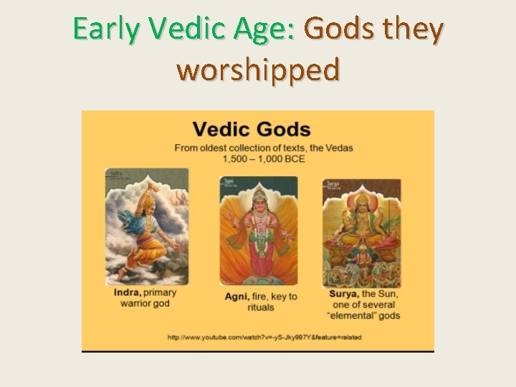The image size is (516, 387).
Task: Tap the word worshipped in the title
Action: (258, 70)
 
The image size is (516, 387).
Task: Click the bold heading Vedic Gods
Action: (252, 130)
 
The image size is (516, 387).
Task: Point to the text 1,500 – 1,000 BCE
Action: (264, 158)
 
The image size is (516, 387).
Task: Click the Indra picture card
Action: (147, 226)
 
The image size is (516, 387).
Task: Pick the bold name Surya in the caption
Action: (344, 295)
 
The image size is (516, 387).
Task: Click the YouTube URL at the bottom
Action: (264, 337)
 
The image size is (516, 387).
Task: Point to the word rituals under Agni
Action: (261, 307)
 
